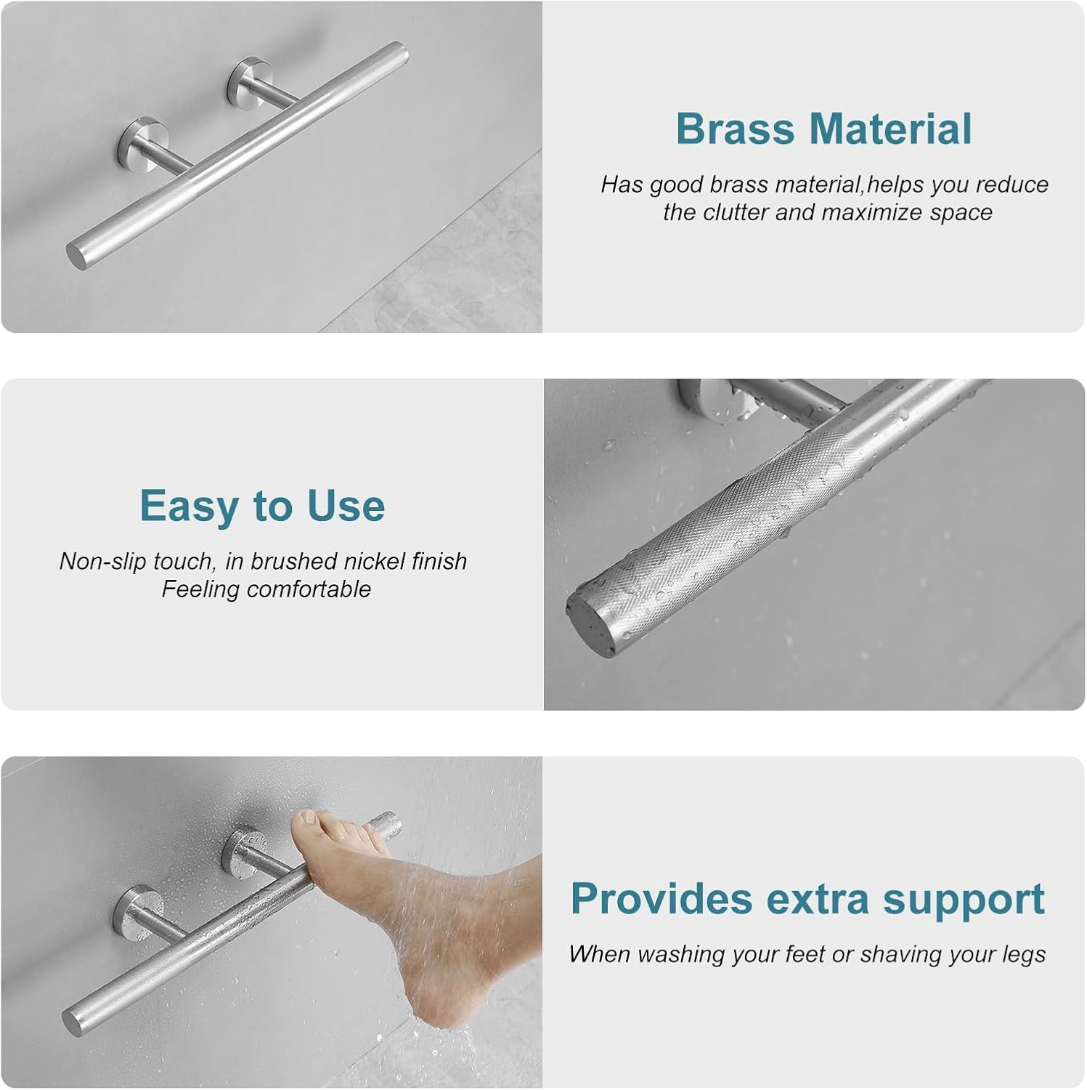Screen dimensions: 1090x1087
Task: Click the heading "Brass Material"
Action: [x=823, y=129]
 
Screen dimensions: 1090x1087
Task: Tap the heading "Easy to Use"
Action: [x=262, y=506]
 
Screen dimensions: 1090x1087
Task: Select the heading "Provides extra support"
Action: [x=807, y=899]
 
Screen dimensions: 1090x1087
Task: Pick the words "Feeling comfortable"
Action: [x=266, y=589]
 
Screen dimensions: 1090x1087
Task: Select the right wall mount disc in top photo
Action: [x=247, y=80]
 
